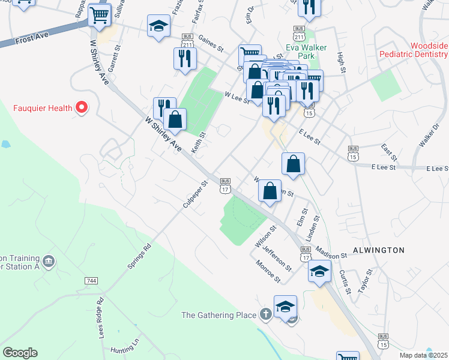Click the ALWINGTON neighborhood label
point(379,250)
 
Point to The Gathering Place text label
point(220,315)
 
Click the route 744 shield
point(91,281)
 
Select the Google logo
point(20,353)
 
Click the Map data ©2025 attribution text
point(423,355)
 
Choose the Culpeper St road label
point(194,195)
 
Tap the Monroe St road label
point(268,271)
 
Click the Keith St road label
point(198,143)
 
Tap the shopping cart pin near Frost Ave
point(100,16)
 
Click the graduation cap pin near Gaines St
point(159,26)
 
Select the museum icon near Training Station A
point(49,261)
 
